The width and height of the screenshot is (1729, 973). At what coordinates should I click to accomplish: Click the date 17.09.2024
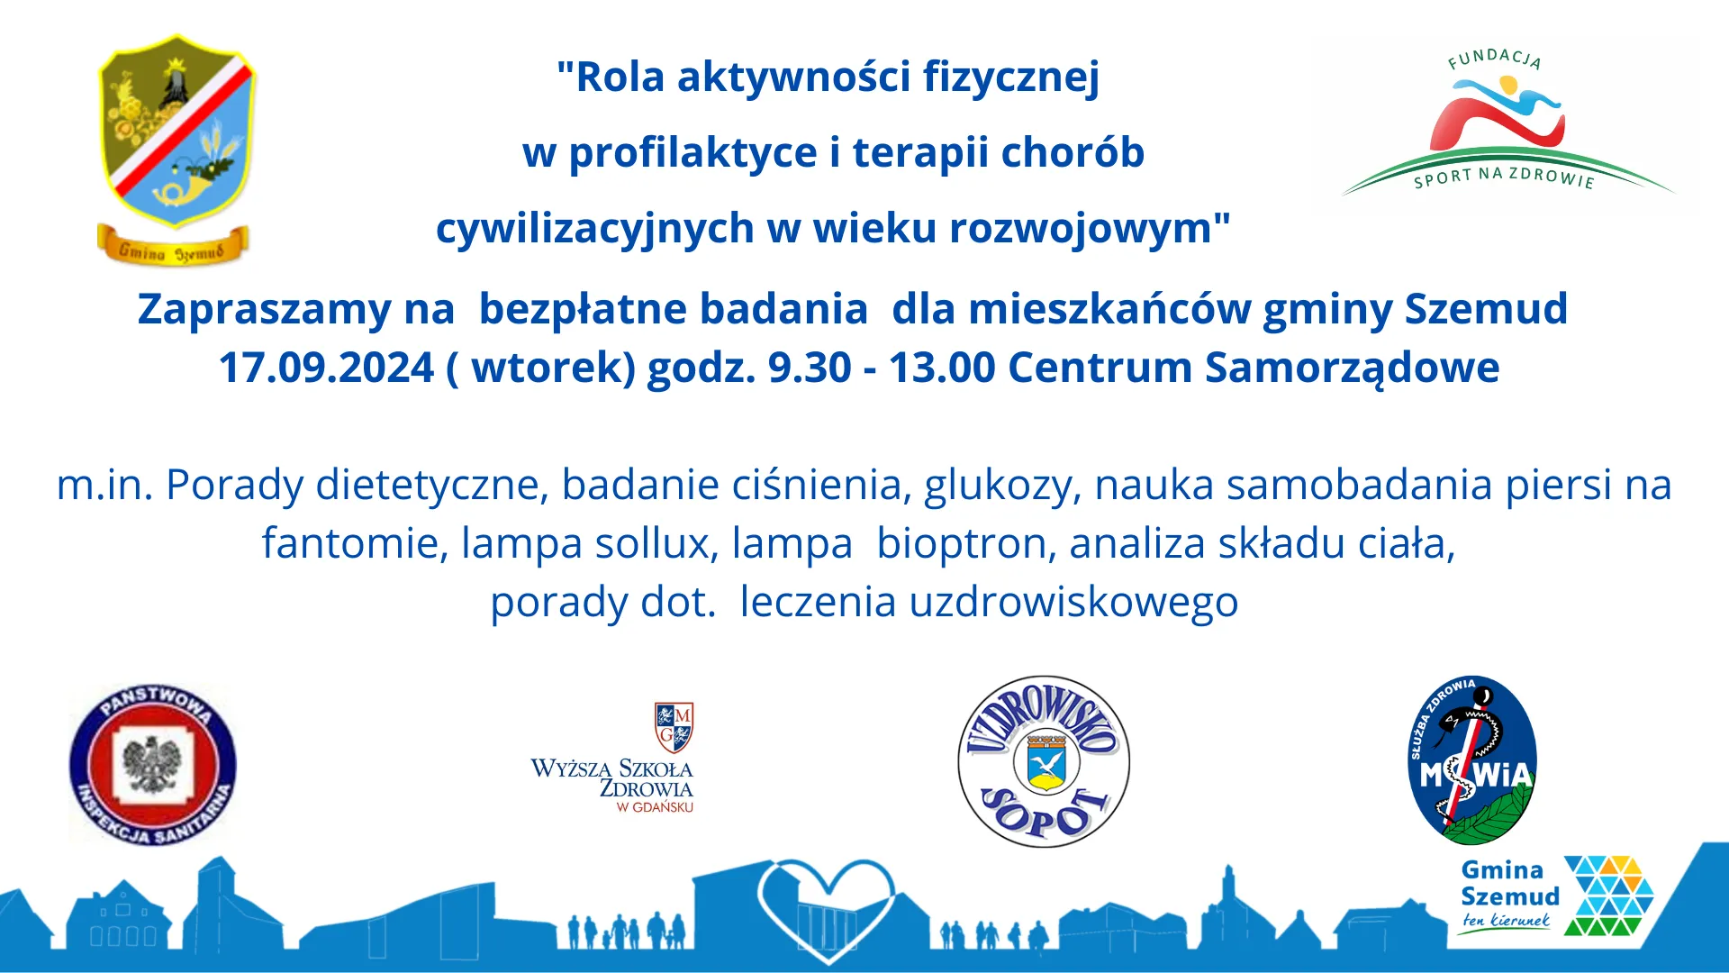coord(327,368)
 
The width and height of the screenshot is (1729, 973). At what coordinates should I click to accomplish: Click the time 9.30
coord(810,368)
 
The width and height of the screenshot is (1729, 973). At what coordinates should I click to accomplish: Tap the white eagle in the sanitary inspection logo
coord(153,765)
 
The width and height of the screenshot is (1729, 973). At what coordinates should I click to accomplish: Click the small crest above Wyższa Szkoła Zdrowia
coord(674,728)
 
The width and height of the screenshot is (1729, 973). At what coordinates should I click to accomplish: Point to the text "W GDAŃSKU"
coord(655,807)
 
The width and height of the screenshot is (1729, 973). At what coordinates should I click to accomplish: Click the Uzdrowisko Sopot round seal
coord(1044,761)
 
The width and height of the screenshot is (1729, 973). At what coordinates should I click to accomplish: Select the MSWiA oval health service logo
coord(1472,760)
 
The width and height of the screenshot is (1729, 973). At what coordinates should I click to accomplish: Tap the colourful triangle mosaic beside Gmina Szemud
coord(1609,896)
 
